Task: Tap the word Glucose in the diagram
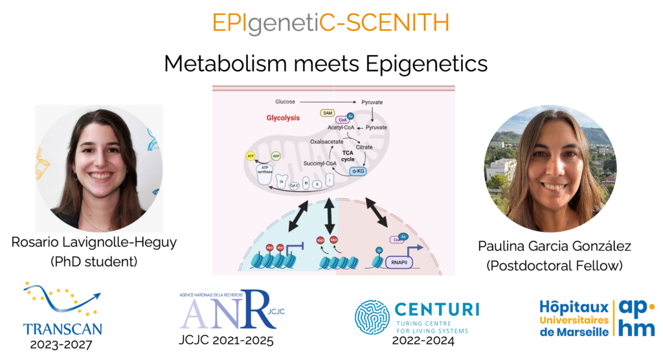pos(286,102)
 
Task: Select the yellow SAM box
pos(328,113)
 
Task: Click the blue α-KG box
pos(357,171)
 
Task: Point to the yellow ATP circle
pos(250,156)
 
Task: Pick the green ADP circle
pos(275,156)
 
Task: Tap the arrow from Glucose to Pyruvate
pos(328,102)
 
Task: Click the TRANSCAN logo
pos(62,308)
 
